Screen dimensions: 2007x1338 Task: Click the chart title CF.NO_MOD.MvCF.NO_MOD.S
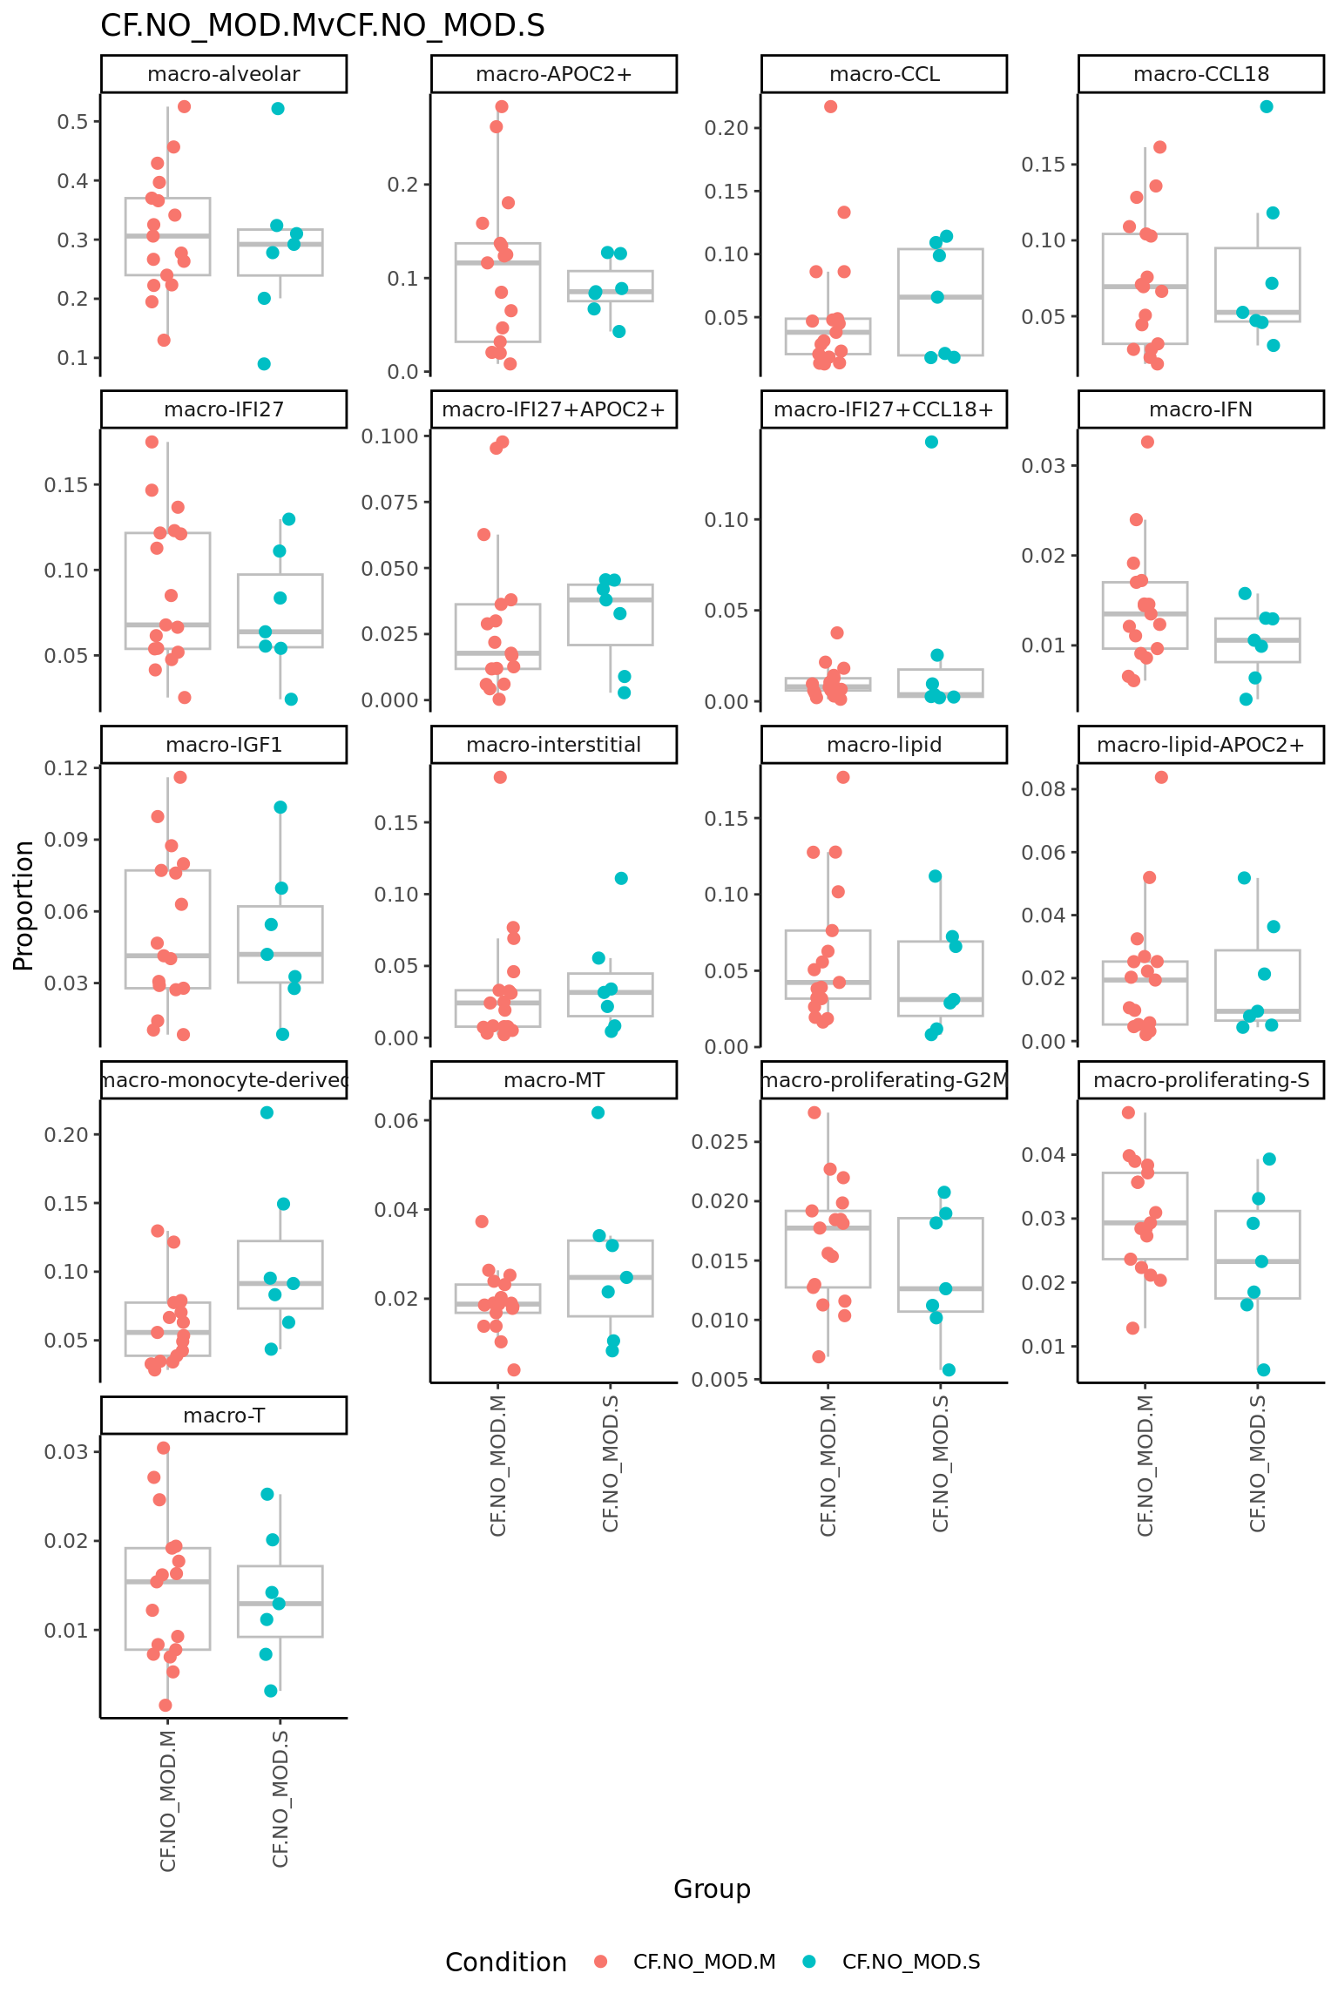pyautogui.click(x=322, y=26)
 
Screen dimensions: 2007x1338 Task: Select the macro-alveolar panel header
pyautogui.click(x=224, y=74)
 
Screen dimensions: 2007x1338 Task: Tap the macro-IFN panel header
pyautogui.click(x=1200, y=409)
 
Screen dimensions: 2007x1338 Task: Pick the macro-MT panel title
pyautogui.click(x=554, y=1080)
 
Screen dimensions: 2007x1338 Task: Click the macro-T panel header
pyautogui.click(x=224, y=1416)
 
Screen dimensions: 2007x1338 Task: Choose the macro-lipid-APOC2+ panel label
pyautogui.click(x=1200, y=745)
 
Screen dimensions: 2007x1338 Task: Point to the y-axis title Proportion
pyautogui.click(x=24, y=905)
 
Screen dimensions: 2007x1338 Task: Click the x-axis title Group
pyautogui.click(x=712, y=1889)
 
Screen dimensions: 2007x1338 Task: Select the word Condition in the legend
pyautogui.click(x=505, y=1962)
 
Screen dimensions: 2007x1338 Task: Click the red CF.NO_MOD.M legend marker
pyautogui.click(x=600, y=1962)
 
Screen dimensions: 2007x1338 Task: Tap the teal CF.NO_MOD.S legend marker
pyautogui.click(x=809, y=1962)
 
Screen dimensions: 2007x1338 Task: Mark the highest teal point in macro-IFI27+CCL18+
pyautogui.click(x=931, y=442)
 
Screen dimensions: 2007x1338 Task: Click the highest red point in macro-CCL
pyautogui.click(x=831, y=106)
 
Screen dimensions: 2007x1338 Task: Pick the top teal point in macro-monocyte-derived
pyautogui.click(x=267, y=1112)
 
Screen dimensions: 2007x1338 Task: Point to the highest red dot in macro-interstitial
pyautogui.click(x=500, y=777)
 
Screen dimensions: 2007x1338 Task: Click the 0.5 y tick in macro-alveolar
pyautogui.click(x=73, y=121)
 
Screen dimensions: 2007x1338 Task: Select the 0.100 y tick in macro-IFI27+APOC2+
pyautogui.click(x=390, y=436)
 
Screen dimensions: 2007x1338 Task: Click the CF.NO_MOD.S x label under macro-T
pyautogui.click(x=280, y=1798)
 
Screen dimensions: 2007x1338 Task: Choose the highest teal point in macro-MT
pyautogui.click(x=598, y=1112)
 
